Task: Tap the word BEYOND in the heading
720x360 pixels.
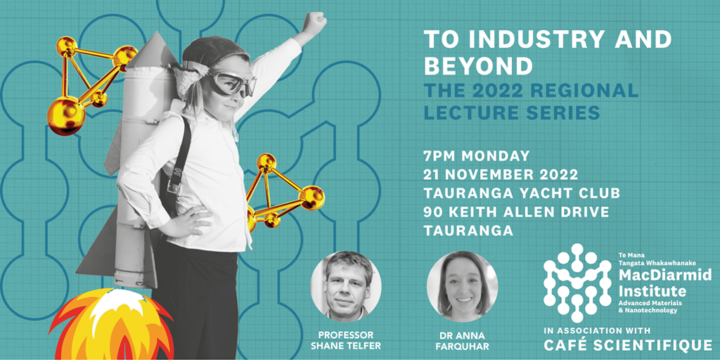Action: coord(478,65)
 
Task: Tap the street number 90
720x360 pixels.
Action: coord(433,212)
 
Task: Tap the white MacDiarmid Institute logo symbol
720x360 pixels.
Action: coord(577,283)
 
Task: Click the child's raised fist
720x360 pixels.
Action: coord(315,20)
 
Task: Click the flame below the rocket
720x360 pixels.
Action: coord(112,324)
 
